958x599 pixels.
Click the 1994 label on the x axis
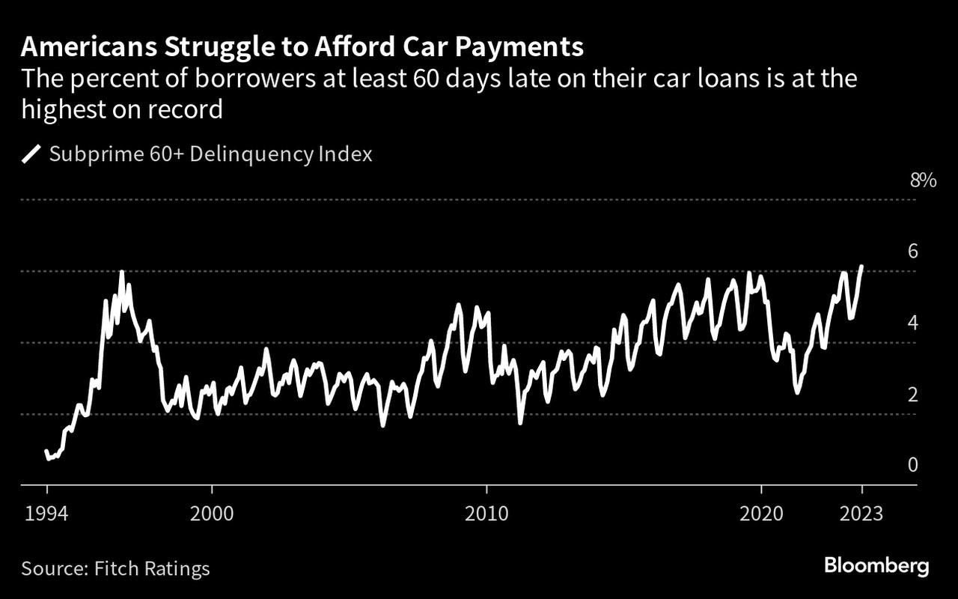click(47, 514)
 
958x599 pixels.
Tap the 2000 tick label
click(213, 514)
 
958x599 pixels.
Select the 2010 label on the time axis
click(486, 514)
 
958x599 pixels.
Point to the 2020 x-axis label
click(761, 514)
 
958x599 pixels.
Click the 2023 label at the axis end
click(862, 514)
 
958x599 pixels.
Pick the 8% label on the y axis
click(923, 180)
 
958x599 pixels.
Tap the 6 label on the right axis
click(912, 252)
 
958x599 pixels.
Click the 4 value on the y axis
click(912, 323)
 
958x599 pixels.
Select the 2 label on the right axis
click(912, 394)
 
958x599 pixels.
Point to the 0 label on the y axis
click(912, 465)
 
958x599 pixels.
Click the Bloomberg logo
click(876, 566)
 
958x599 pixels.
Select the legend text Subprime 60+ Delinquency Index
click(210, 154)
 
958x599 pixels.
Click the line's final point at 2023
click(862, 267)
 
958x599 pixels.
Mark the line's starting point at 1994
click(46, 451)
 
